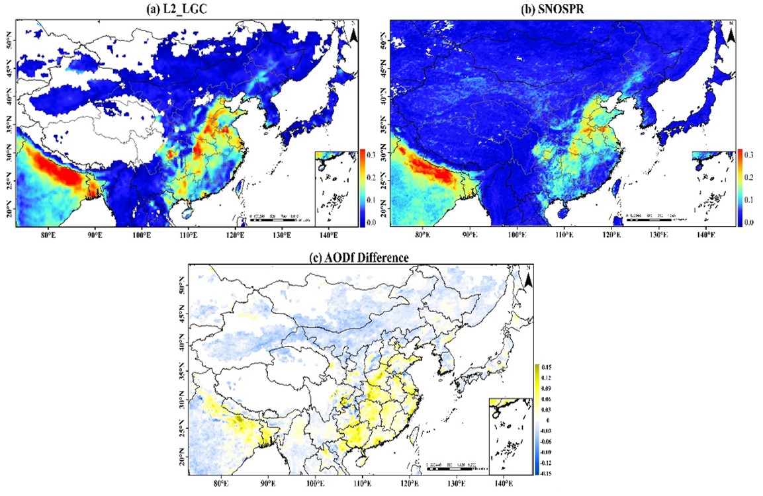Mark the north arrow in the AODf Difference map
pyautogui.click(x=528, y=281)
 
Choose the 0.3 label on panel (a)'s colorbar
pyautogui.click(x=369, y=154)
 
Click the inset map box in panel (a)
pyautogui.click(x=336, y=188)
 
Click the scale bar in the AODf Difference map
pyautogui.click(x=457, y=466)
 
